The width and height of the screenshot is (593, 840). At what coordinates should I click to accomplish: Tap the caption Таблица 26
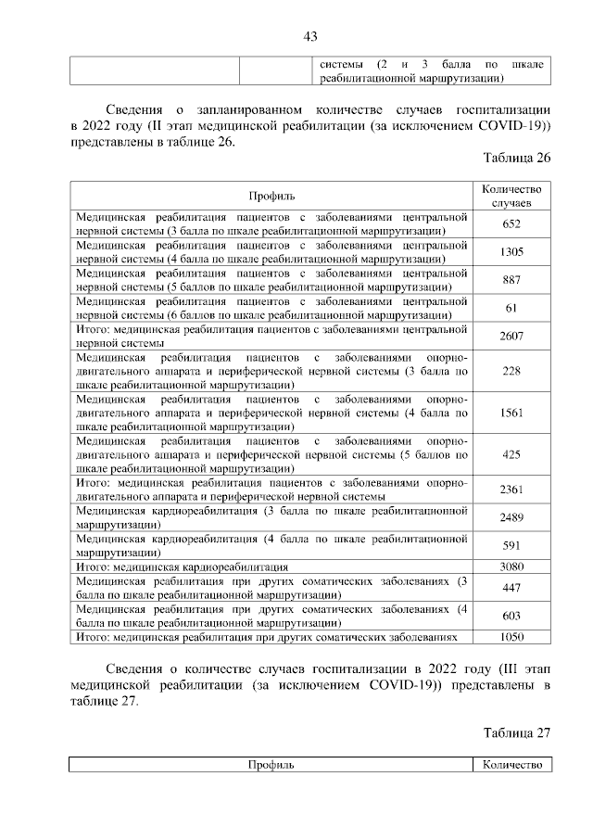(517, 159)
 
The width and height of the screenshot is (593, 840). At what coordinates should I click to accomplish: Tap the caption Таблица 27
(517, 732)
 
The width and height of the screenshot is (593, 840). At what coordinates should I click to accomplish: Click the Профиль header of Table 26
(271, 196)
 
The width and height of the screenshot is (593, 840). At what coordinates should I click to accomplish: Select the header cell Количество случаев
(511, 196)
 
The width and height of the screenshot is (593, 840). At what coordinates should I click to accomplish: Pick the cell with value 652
(511, 224)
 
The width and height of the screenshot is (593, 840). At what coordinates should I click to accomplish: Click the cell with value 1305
(511, 252)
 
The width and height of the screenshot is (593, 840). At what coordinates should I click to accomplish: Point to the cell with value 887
(511, 281)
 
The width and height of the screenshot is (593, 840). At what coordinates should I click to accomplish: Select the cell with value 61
(511, 309)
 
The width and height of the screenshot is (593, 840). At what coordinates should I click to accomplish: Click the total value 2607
(511, 337)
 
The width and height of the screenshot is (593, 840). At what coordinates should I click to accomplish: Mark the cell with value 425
(511, 456)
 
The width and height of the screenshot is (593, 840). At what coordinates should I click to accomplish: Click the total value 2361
(511, 490)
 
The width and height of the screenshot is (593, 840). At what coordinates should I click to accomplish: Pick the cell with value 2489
(511, 518)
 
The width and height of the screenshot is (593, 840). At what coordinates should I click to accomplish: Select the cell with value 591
(511, 546)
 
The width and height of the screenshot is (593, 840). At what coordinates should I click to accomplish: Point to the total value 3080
(511, 566)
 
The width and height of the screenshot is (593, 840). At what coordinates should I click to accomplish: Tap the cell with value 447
(511, 588)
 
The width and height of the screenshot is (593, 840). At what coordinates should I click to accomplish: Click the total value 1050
(511, 638)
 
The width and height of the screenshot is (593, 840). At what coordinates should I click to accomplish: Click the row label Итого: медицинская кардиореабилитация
(182, 566)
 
